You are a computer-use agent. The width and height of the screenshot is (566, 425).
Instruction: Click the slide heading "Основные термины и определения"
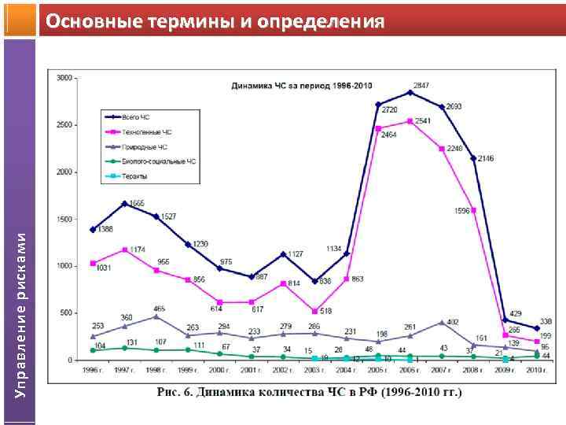click(x=215, y=20)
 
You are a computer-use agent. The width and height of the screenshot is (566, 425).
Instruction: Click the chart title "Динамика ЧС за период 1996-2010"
click(x=302, y=86)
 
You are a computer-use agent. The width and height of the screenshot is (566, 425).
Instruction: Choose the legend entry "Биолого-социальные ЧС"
click(x=153, y=161)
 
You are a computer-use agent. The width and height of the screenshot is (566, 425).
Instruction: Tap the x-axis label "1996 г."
click(x=93, y=369)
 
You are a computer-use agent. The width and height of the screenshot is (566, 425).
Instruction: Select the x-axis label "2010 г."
click(x=537, y=369)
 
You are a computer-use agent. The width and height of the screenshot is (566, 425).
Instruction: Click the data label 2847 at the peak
click(x=423, y=84)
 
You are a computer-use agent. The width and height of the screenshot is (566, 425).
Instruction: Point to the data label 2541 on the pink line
click(x=423, y=121)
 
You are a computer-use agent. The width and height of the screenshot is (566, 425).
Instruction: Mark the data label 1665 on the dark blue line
click(x=137, y=204)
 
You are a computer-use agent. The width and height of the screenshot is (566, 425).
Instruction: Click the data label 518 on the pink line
click(x=327, y=312)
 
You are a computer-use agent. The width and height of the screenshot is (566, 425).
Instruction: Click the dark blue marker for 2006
click(x=410, y=93)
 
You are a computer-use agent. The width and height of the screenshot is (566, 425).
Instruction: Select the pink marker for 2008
click(x=473, y=210)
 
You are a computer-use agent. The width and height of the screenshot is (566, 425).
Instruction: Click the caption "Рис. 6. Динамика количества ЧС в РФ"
click(x=309, y=391)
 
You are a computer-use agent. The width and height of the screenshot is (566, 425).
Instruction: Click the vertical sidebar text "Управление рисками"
click(x=21, y=315)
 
